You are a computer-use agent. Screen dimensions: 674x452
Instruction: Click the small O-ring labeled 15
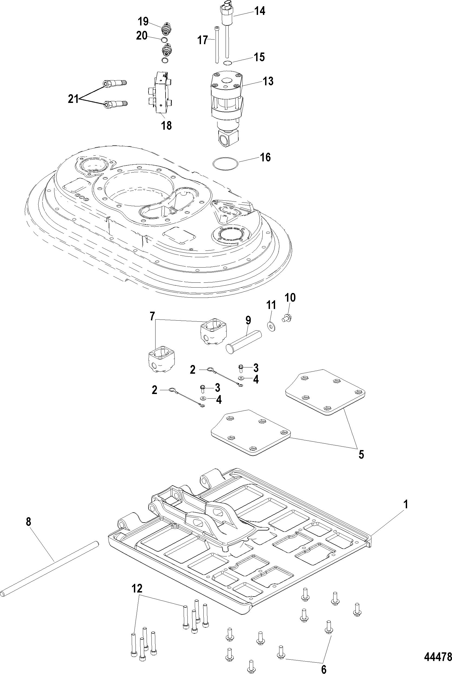[x=228, y=63]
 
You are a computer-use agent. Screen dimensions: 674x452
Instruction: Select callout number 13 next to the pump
[x=268, y=81]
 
